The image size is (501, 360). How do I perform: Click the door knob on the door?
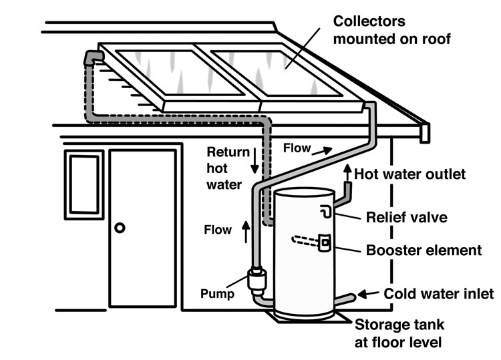coord(120,228)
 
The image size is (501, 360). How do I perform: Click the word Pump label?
coord(218,293)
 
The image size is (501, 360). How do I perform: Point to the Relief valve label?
coord(407,217)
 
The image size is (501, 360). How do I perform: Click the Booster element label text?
coord(424,251)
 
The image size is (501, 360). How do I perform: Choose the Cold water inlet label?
coord(440,293)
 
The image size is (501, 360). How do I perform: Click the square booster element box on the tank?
coord(324,242)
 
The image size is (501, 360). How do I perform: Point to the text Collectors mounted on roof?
coord(393,30)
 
